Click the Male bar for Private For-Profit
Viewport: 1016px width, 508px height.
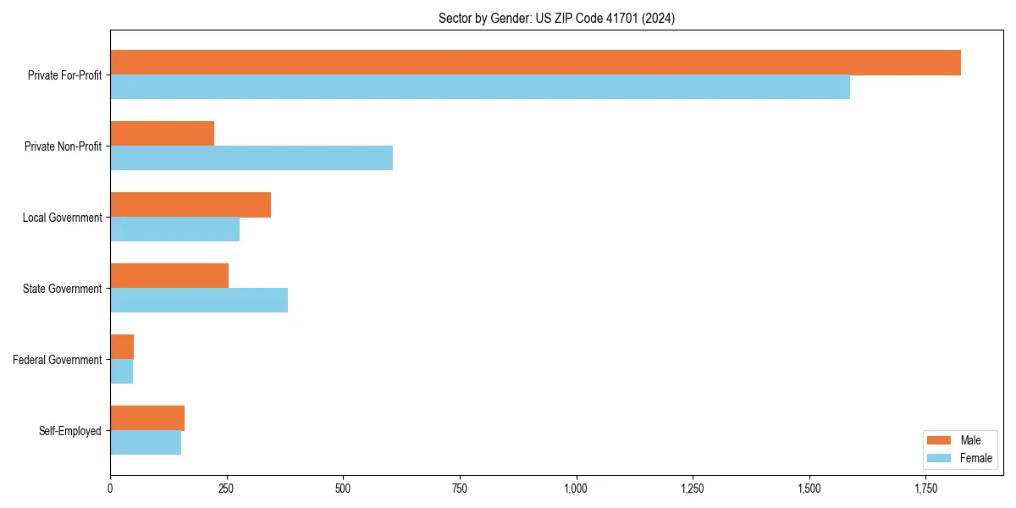click(x=535, y=63)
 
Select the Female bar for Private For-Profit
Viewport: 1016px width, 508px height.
click(x=480, y=87)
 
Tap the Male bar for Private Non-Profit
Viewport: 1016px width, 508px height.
click(x=162, y=134)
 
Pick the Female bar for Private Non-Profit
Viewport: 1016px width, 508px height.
click(x=251, y=158)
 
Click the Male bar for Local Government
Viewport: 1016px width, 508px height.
click(x=190, y=205)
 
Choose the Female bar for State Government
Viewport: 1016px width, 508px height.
click(x=199, y=301)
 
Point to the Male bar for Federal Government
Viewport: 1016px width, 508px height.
click(x=122, y=347)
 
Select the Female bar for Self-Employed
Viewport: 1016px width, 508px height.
click(x=146, y=443)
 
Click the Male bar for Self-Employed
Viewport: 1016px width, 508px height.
click(x=147, y=418)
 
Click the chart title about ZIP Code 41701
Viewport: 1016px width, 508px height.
click(x=556, y=18)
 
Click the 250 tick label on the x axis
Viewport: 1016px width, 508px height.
click(x=226, y=489)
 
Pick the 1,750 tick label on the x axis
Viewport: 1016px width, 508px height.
click(x=925, y=489)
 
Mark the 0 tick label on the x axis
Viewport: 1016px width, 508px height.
click(x=110, y=489)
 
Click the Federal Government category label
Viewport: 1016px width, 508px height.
click(x=58, y=360)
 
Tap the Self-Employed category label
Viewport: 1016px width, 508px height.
click(x=70, y=431)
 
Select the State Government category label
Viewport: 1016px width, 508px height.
click(x=63, y=289)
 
